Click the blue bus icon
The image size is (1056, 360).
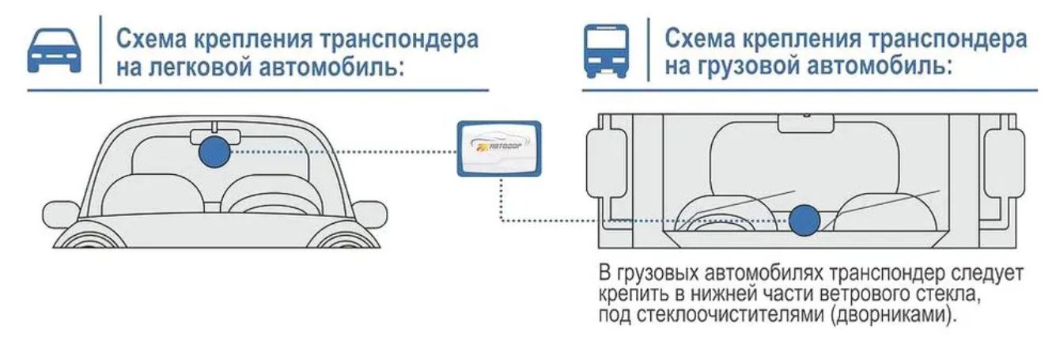(606, 51)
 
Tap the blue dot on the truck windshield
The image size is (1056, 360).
(805, 219)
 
